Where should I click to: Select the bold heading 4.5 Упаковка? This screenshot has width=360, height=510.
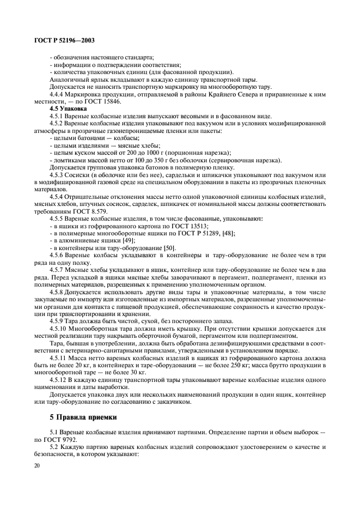coord(64,108)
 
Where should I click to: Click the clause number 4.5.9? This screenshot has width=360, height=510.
coord(58,321)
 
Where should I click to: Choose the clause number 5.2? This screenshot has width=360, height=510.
coord(55,446)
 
